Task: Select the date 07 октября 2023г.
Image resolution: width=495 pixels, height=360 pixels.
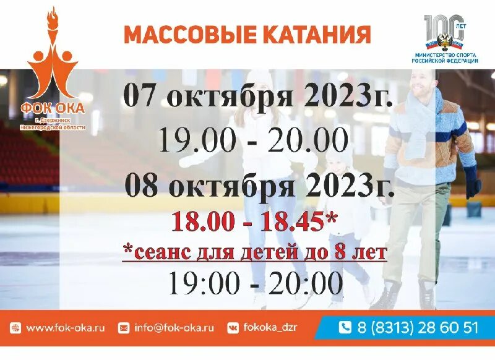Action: (258, 96)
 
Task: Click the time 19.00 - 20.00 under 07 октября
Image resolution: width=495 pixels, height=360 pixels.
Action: (252, 141)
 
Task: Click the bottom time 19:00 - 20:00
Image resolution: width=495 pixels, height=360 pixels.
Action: (255, 284)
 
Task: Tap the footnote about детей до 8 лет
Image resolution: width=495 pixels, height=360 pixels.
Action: (254, 252)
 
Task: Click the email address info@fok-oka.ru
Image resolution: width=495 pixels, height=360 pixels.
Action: (174, 328)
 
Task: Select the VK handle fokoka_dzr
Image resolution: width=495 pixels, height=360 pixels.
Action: (271, 328)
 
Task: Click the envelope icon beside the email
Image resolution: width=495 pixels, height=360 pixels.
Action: (124, 328)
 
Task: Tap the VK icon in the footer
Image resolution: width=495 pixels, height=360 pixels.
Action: (233, 328)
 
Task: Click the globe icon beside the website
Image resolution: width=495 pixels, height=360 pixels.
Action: (16, 328)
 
